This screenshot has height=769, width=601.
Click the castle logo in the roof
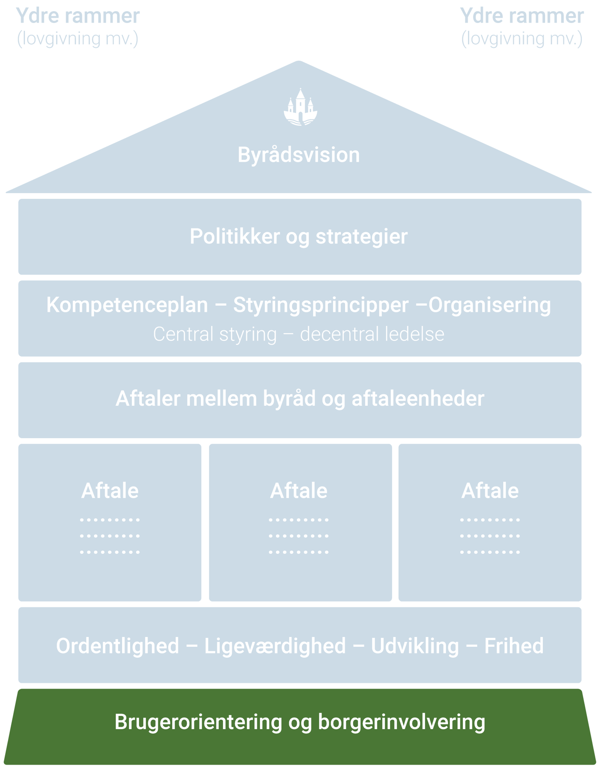300,108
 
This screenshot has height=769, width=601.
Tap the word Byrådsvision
299,155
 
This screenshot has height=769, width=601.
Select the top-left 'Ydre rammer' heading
78,16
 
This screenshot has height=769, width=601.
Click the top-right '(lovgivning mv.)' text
522,38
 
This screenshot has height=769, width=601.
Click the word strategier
361,236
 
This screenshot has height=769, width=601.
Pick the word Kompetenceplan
127,305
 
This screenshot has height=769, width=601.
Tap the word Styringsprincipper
321,305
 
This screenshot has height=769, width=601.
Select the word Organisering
489,305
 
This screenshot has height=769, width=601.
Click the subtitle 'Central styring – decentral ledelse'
299,334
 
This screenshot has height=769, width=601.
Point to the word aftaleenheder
418,399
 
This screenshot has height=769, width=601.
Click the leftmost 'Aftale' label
110,491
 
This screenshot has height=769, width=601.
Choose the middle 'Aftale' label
299,491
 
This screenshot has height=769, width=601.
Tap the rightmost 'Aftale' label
490,491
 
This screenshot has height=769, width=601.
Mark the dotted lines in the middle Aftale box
299,536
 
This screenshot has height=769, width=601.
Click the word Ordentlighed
117,646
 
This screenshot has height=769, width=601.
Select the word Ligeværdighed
275,646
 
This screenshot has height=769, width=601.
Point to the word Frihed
514,646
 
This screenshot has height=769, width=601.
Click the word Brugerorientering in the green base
198,722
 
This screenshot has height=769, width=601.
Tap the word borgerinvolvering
401,722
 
